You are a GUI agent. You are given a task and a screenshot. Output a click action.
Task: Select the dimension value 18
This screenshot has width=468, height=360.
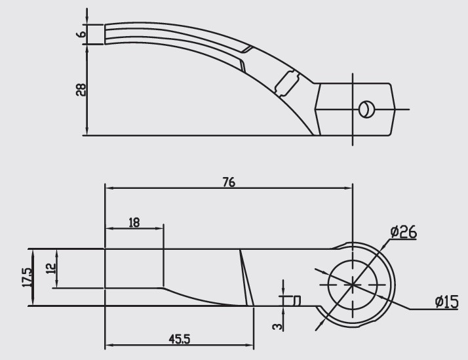coord(134,223)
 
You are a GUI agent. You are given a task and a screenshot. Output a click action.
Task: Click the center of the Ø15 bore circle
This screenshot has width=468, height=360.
coord(353,284)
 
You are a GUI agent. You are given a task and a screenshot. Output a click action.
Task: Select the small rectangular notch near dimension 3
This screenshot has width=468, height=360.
coord(297,300)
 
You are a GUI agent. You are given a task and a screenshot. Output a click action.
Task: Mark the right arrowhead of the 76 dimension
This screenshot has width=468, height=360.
coord(349,188)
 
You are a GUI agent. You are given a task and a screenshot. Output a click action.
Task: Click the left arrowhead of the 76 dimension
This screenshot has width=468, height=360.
coord(109,188)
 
